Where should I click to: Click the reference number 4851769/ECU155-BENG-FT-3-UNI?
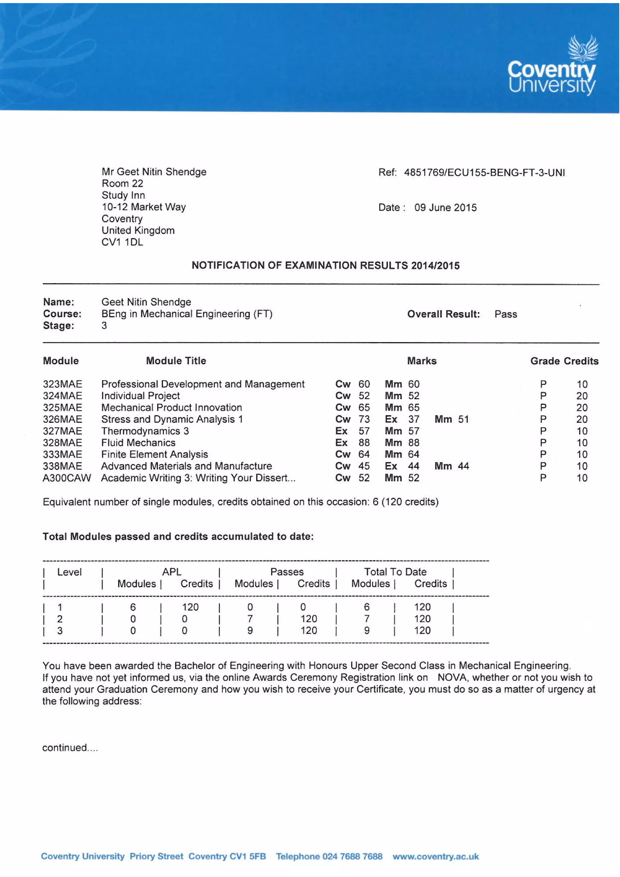484,173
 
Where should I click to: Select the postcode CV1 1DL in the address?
122,242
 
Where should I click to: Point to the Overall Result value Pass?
506,314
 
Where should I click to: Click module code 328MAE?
62,443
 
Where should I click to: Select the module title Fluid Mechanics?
138,443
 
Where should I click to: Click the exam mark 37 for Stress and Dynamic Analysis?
414,419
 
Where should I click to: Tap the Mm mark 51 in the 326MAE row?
463,419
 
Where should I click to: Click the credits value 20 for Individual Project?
582,396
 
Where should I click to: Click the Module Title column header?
176,361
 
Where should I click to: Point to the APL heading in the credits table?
171,572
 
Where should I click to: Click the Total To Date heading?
395,572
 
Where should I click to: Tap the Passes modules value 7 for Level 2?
250,619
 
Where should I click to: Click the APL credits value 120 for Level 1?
190,607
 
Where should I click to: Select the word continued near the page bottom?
65,747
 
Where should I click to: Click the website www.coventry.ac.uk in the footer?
435,856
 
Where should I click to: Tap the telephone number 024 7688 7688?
352,856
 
